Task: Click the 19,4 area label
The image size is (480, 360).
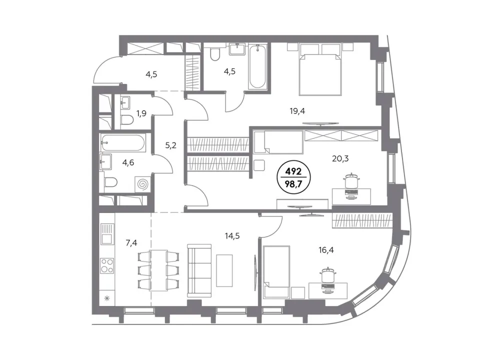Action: [x=297, y=111]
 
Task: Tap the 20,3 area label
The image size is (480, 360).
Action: [x=340, y=158]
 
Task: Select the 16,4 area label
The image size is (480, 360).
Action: [x=326, y=250]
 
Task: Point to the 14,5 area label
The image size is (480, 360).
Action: [x=232, y=236]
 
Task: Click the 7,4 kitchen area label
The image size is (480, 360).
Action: [x=131, y=243]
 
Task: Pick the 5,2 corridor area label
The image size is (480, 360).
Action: [x=171, y=145]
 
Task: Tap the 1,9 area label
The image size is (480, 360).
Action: [x=141, y=113]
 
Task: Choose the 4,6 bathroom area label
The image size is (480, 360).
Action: [x=128, y=162]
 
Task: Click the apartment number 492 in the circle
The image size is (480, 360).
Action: [x=293, y=171]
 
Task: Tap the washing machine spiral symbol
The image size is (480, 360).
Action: [x=142, y=184]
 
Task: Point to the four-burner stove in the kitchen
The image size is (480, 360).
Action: [x=107, y=265]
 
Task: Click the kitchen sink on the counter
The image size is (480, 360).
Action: [x=107, y=234]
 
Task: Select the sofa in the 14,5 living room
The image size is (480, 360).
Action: [x=199, y=270]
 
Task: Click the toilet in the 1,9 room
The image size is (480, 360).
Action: [x=127, y=120]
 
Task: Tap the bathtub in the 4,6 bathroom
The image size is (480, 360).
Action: [x=123, y=142]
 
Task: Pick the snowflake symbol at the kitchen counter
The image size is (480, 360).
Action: [x=107, y=298]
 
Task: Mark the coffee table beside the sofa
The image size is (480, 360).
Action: [x=224, y=270]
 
